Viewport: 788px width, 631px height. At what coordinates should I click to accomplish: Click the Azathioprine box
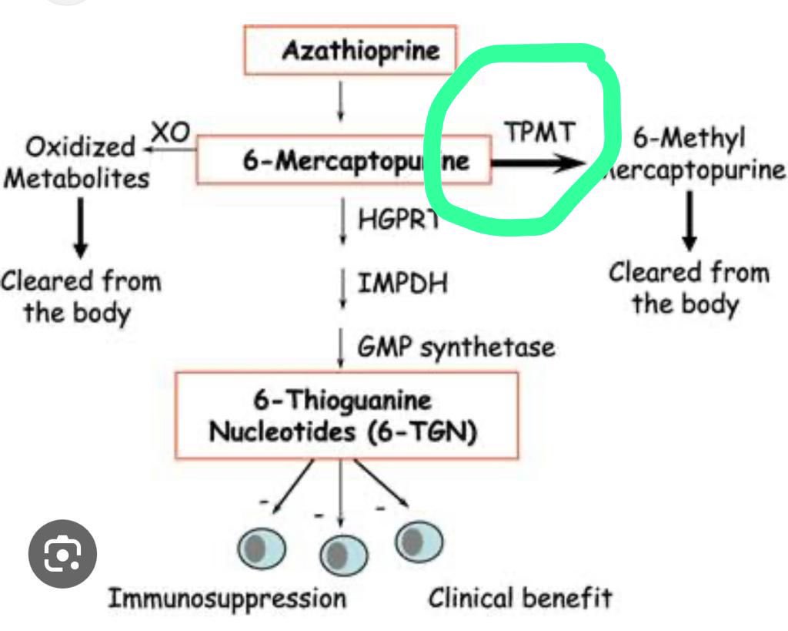(x=350, y=51)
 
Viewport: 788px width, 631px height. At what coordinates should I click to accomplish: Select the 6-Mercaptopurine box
(x=343, y=160)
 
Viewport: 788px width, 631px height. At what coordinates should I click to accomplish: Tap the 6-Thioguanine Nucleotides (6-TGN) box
(x=346, y=415)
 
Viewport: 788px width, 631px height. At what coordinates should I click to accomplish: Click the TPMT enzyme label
(x=539, y=133)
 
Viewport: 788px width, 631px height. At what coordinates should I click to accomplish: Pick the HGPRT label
(x=396, y=220)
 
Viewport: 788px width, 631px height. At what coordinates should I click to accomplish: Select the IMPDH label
(x=402, y=284)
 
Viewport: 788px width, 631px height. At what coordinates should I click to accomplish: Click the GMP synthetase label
(x=456, y=347)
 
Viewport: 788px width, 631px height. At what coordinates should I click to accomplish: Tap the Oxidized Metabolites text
(x=77, y=162)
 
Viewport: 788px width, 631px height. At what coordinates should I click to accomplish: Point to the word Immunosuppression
(x=226, y=598)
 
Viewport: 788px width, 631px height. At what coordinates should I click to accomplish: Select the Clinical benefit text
(x=520, y=597)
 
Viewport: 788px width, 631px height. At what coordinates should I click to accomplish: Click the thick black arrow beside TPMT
(x=539, y=163)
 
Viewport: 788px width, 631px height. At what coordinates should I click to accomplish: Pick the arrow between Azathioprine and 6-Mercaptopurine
(x=340, y=102)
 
